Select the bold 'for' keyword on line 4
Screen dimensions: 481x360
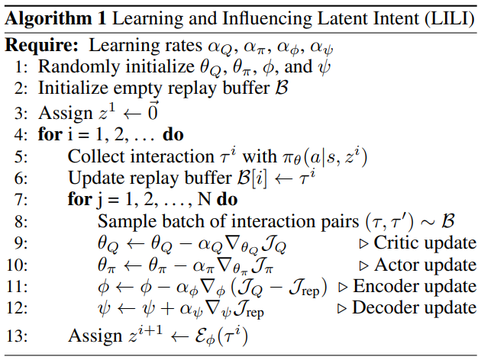coord(48,136)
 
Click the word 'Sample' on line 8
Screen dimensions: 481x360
coord(124,222)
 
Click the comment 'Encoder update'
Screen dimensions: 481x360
coord(414,287)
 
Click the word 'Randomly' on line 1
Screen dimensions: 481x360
coord(75,68)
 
